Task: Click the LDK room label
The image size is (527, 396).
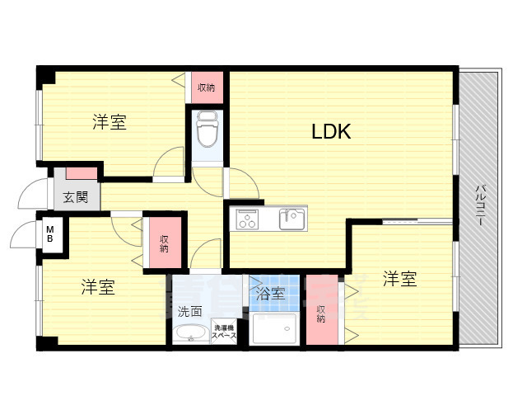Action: tap(331, 131)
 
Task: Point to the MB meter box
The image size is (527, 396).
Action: tap(50, 233)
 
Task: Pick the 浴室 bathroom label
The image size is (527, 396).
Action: tap(270, 293)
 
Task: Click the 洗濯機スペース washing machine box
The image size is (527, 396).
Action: tap(224, 330)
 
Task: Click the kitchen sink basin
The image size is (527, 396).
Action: tap(291, 219)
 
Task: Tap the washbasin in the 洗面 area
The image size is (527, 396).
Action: tap(193, 334)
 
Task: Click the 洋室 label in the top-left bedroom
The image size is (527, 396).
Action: tap(109, 123)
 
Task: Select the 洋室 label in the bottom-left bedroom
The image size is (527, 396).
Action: tap(97, 287)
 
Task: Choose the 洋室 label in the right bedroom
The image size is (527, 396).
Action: tap(399, 280)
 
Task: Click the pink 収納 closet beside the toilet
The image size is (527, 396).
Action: tap(206, 87)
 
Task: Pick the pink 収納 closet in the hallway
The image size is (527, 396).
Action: tap(165, 241)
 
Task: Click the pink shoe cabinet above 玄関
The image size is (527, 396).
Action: tap(81, 173)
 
